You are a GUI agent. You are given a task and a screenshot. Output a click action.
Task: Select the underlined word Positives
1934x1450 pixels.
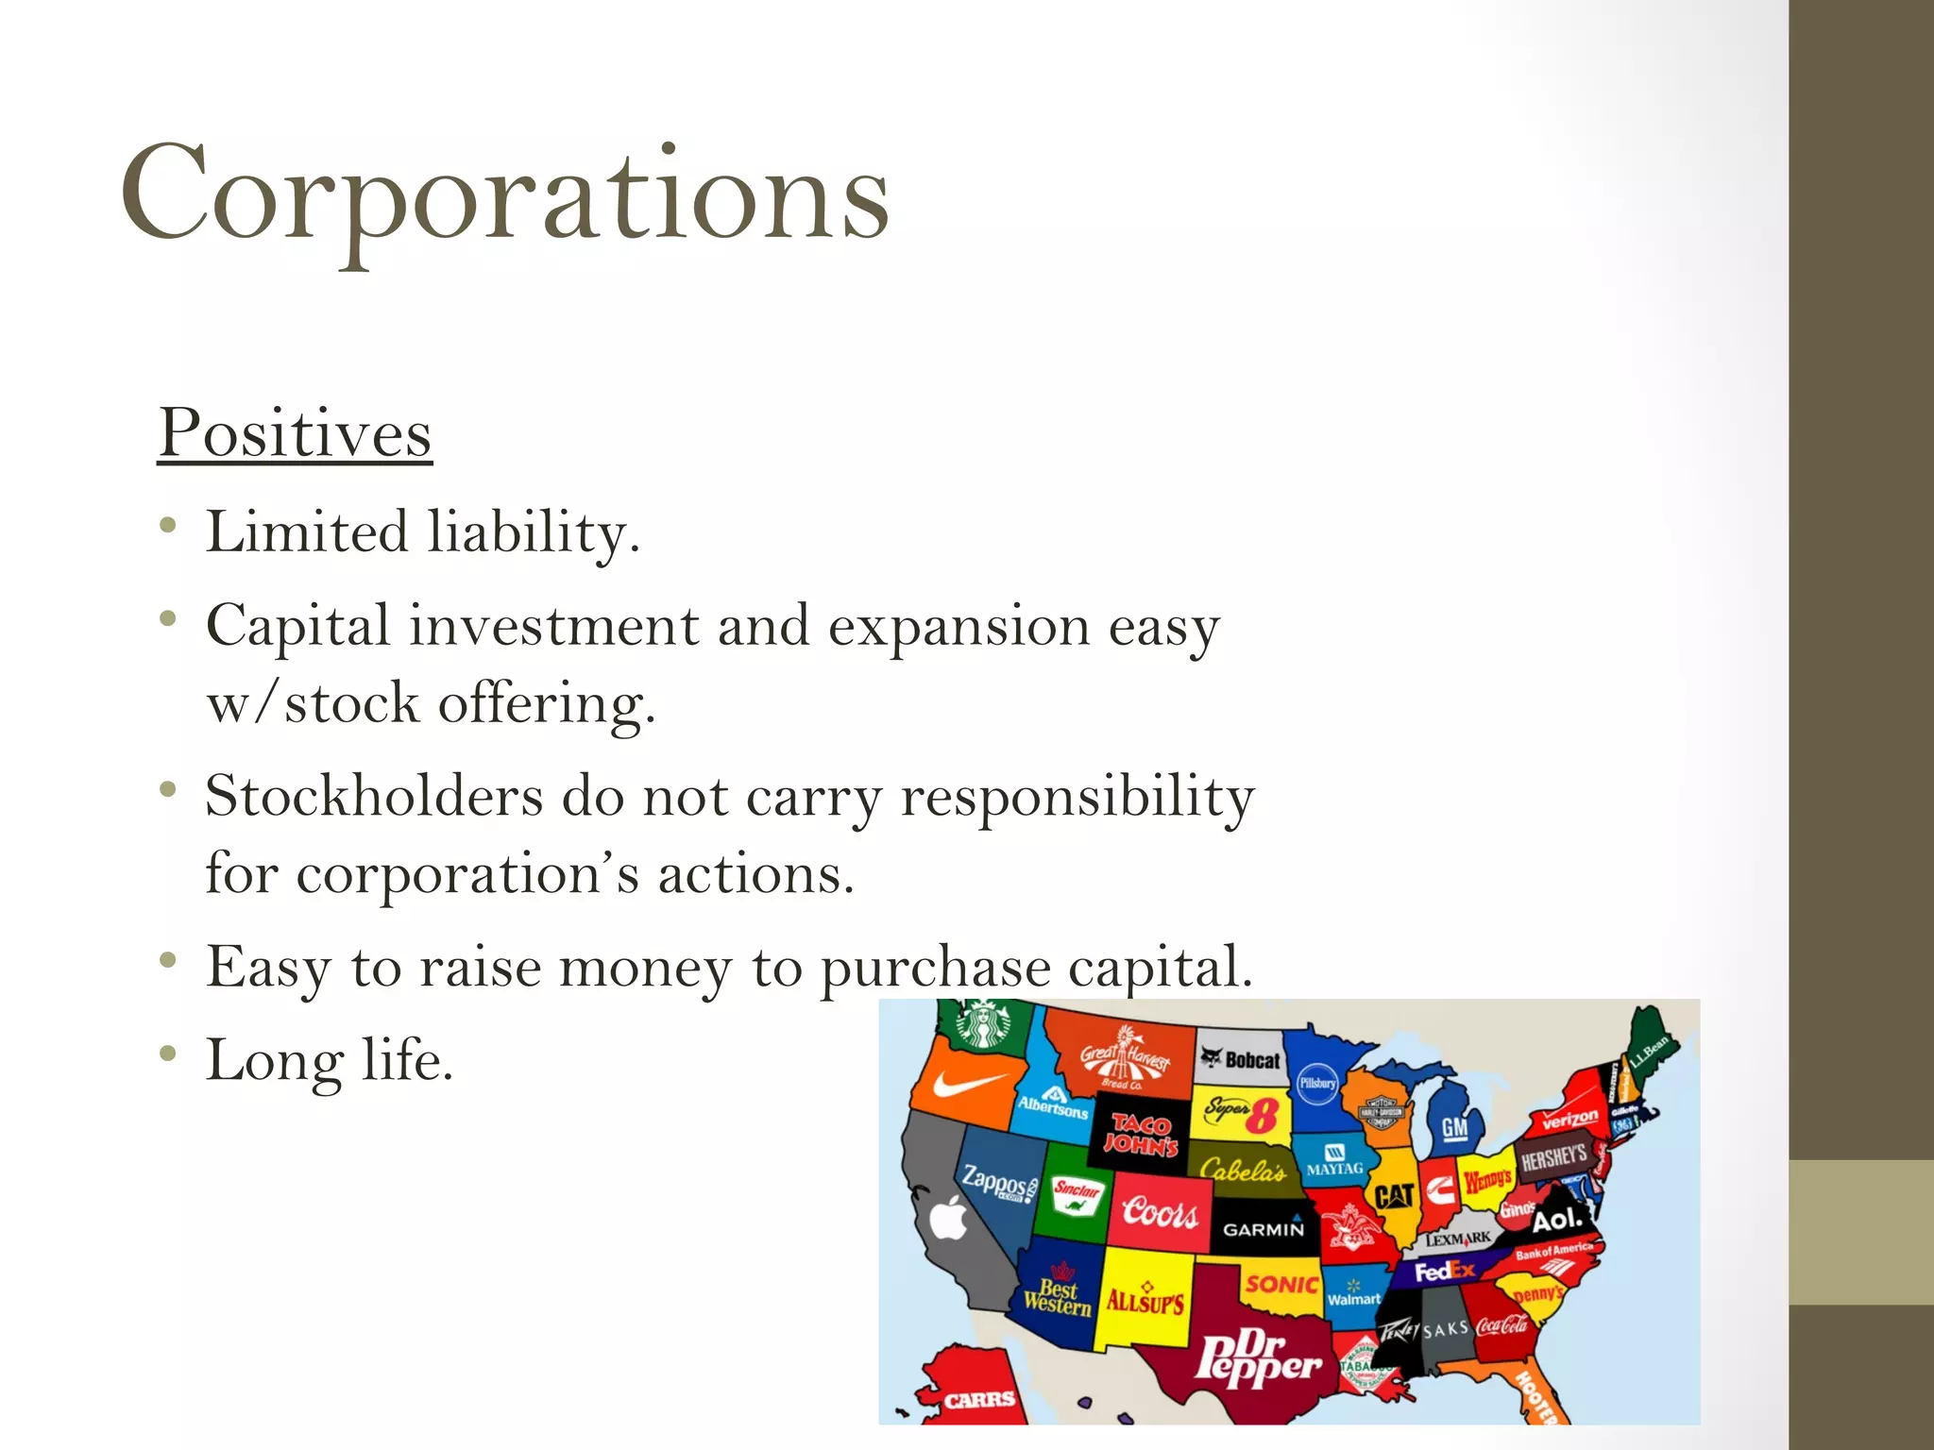coord(295,433)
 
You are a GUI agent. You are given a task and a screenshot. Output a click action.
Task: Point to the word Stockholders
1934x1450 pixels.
coord(374,796)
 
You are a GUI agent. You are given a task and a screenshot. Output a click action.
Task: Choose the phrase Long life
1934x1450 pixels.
coord(330,1060)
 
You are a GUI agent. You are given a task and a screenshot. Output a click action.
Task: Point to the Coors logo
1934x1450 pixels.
coord(1160,1211)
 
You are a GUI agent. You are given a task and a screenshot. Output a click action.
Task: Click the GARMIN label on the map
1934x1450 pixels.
coord(1263,1229)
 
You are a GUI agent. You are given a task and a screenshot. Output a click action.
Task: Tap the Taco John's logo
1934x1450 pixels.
coord(1142,1134)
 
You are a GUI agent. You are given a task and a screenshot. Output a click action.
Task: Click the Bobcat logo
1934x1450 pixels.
coord(1241,1059)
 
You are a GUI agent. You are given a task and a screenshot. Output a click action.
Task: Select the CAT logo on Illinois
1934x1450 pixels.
coord(1394,1197)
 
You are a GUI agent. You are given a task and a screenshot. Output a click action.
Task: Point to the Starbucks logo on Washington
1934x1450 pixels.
coord(982,1024)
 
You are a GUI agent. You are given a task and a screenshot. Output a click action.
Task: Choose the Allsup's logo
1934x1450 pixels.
coord(1145,1301)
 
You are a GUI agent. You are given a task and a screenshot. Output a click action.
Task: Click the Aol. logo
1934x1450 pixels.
coord(1556,1220)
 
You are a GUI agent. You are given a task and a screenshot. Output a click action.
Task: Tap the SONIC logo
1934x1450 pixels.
coord(1281,1284)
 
